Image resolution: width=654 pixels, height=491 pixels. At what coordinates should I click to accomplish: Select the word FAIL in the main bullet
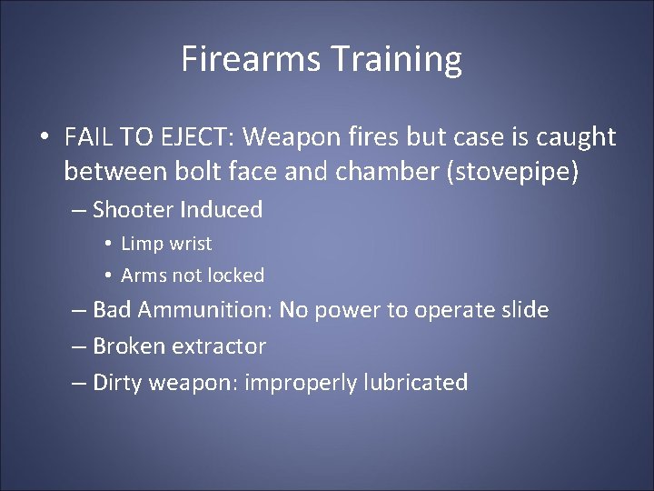85,137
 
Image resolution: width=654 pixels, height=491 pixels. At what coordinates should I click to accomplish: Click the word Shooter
133,210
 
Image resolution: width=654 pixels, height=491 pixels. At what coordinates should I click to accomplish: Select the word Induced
221,210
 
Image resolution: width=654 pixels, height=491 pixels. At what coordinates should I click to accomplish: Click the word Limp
140,244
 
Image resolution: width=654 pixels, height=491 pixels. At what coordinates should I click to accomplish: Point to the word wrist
188,244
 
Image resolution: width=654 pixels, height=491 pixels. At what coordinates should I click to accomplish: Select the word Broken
130,346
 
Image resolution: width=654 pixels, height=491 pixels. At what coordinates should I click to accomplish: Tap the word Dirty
118,383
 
